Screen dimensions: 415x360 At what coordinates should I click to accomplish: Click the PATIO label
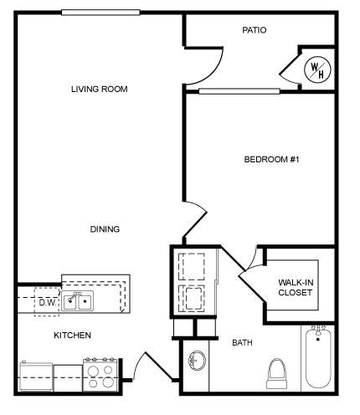(x=254, y=30)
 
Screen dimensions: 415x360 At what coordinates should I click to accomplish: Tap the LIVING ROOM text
(x=100, y=89)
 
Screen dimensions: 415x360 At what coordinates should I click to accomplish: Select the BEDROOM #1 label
(x=271, y=159)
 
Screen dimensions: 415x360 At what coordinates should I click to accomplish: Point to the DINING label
(x=105, y=228)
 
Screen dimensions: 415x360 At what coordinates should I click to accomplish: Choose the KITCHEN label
(x=73, y=335)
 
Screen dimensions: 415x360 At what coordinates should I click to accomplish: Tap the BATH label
(x=243, y=342)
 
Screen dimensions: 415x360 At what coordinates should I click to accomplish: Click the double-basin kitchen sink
(x=80, y=301)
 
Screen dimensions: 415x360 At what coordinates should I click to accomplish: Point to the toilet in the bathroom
(x=276, y=372)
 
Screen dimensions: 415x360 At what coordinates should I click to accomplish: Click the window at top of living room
(x=100, y=12)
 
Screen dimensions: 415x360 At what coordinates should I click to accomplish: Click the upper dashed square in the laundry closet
(x=193, y=265)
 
